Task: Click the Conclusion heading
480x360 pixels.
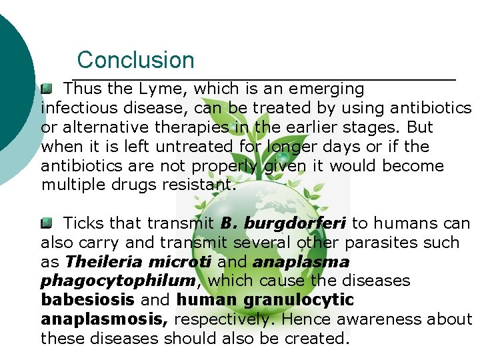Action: pyautogui.click(x=135, y=60)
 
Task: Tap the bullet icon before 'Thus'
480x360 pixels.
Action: pyautogui.click(x=46, y=88)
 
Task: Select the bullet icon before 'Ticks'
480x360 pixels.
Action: pyautogui.click(x=46, y=223)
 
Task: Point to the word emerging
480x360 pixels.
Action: pyautogui.click(x=326, y=89)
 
